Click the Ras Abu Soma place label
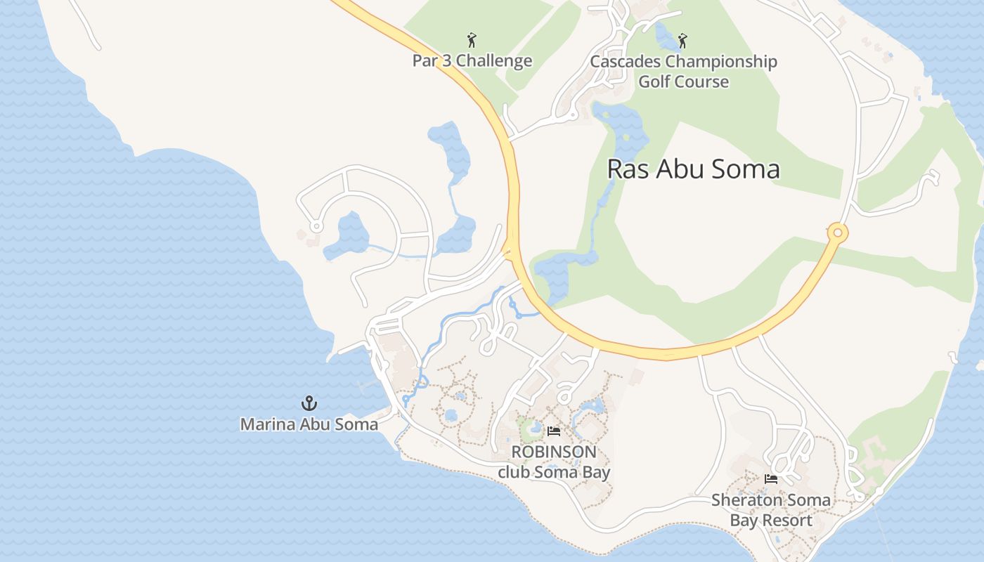click(x=693, y=169)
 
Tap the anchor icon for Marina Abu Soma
click(x=309, y=403)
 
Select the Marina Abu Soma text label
click(x=309, y=424)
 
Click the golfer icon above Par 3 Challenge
click(x=472, y=40)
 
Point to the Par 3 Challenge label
click(x=472, y=61)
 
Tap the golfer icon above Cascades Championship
click(x=682, y=40)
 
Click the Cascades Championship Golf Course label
click(x=683, y=72)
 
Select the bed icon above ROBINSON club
click(x=554, y=431)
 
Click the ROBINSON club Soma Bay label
click(x=554, y=462)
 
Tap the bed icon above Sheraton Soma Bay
click(x=771, y=479)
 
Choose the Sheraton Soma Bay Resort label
click(x=771, y=510)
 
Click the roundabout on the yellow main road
click(x=837, y=233)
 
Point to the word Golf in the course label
click(x=654, y=81)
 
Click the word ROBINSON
click(x=554, y=452)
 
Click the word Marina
click(x=264, y=424)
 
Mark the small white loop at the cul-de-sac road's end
click(x=316, y=226)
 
